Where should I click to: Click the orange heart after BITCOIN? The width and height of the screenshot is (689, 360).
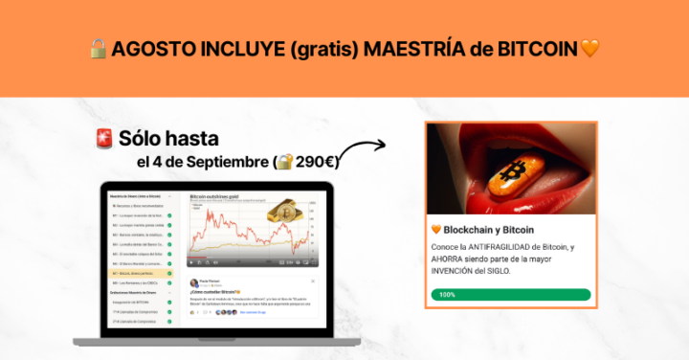click(590, 48)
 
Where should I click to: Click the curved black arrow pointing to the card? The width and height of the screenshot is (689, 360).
click(365, 148)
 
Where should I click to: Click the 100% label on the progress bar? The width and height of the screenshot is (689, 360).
click(447, 295)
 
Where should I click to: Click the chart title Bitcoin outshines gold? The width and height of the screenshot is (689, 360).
click(217, 194)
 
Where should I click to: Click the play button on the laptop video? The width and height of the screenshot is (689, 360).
click(191, 262)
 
